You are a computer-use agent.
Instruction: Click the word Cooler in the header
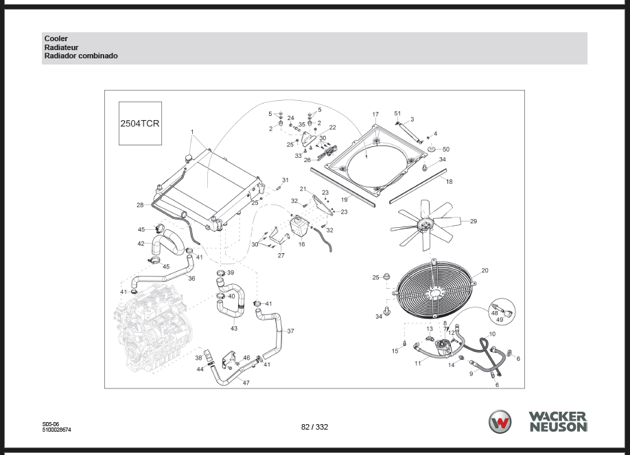coord(56,38)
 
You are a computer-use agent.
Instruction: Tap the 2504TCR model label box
coord(141,124)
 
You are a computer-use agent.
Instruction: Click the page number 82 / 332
coord(314,427)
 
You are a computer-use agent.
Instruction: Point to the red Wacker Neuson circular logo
coord(500,421)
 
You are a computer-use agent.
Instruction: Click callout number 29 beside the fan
coord(473,221)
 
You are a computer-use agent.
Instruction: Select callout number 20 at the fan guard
coord(485,270)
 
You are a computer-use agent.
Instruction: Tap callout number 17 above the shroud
coord(375,115)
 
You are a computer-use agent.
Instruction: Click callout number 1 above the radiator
coord(193,132)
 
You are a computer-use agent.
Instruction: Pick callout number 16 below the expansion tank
coord(301,244)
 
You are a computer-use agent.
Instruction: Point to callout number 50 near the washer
coord(445,149)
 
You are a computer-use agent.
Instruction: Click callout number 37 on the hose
coord(290,331)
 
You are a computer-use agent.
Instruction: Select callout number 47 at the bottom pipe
coord(246,382)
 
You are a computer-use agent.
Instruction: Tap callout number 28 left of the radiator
coord(140,205)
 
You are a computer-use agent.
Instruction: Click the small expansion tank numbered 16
coord(299,227)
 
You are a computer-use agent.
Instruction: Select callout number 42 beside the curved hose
coord(141,244)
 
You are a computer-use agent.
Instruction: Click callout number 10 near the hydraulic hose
coord(491,334)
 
